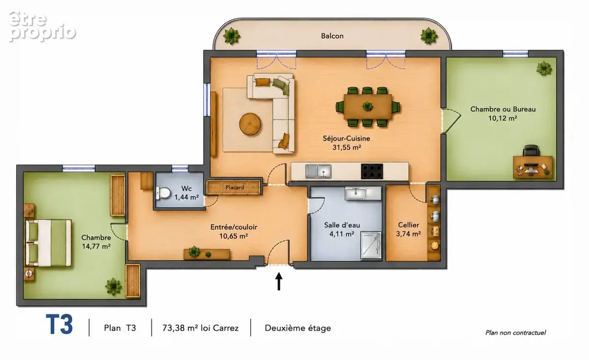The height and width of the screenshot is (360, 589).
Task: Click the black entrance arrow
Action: coord(279,281)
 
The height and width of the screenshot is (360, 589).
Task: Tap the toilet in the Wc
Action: coord(163,193)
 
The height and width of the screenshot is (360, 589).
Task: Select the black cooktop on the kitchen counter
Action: coord(372,171)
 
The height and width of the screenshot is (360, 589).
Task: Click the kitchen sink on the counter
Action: coord(318,171)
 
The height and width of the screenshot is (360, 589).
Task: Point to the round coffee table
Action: coord(250,124)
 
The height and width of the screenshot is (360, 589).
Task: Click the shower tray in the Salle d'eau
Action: coord(371,245)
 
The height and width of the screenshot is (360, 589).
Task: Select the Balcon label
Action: coord(332,36)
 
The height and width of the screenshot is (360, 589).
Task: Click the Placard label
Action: coord(235,188)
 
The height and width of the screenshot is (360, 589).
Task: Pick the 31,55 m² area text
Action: coord(347,147)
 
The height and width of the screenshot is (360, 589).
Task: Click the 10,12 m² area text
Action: coord(503,118)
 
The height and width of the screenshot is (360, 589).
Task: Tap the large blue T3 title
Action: coord(59,325)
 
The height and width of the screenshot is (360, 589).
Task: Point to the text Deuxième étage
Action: coord(297,328)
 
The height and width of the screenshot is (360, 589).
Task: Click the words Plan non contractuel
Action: coord(515,332)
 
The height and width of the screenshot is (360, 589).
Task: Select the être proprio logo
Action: coord(42,27)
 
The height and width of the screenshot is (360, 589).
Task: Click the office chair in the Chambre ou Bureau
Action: coord(531,151)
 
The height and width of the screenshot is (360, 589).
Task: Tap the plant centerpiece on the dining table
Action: coord(367,107)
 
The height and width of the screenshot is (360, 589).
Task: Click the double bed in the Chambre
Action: coord(49,243)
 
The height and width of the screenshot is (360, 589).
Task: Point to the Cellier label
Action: coord(408,225)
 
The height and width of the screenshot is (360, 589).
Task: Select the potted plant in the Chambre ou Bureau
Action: coord(544,68)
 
